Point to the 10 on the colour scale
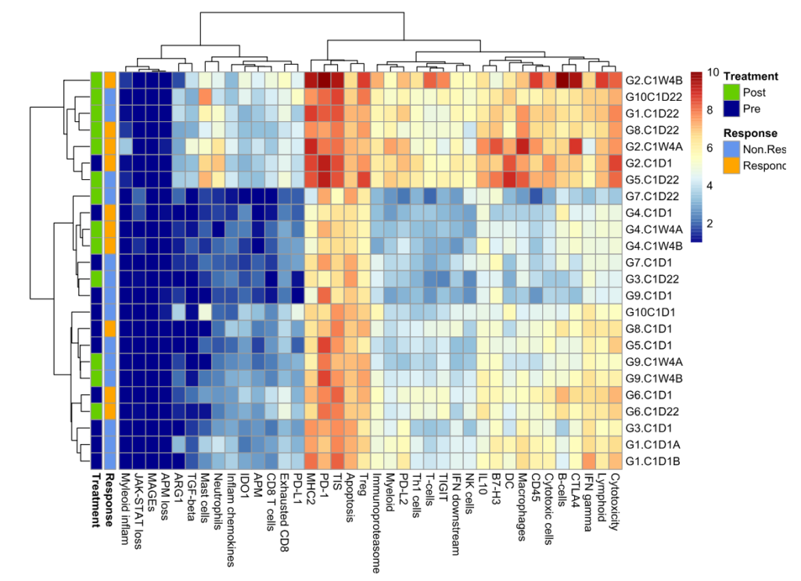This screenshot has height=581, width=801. click(713, 72)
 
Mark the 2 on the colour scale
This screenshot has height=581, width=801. click(710, 224)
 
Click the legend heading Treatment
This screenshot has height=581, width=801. click(750, 77)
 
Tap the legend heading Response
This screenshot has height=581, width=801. click(750, 133)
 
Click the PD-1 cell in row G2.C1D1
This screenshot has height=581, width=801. click(324, 163)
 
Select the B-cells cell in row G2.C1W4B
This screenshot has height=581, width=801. click(562, 80)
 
